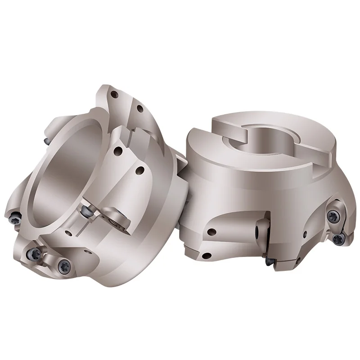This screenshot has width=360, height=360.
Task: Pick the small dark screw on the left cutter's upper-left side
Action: pyautogui.click(x=46, y=140)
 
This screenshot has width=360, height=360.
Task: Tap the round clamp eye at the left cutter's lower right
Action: pyautogui.click(x=118, y=220)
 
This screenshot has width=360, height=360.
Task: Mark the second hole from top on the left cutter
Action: pyautogui.click(x=140, y=108)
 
